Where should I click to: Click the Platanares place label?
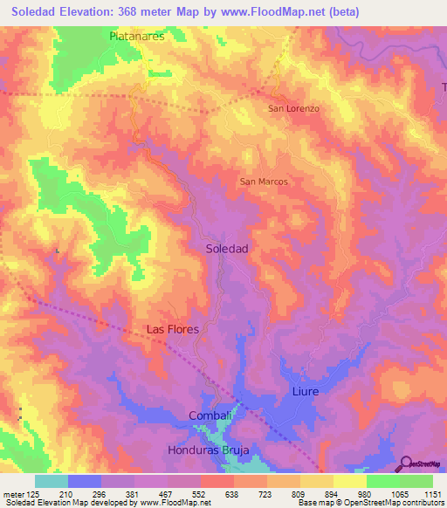coord(138,37)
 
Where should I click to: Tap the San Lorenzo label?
coord(293,108)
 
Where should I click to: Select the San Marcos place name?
coord(264,182)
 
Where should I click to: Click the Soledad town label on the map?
coord(227,249)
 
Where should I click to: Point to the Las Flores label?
coord(172,329)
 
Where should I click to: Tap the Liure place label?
coord(306,392)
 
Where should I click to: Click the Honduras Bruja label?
coord(209,450)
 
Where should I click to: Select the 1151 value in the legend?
coord(430,493)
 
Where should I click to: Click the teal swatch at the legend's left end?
coord(52,481)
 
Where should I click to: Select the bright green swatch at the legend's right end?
coord(416,481)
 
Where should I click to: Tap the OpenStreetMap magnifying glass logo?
coord(404,463)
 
